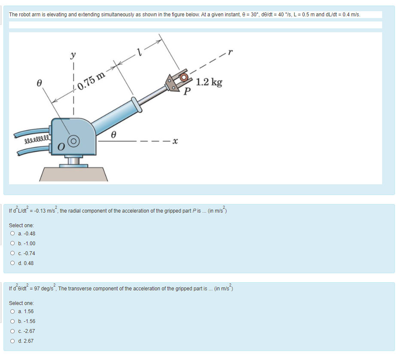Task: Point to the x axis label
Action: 175,141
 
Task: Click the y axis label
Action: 73,55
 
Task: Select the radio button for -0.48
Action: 12,234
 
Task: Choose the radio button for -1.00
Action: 12,244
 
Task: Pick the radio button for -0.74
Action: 12,253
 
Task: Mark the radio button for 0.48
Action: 12,263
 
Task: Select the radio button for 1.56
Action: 12,311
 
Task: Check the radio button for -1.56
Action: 12,321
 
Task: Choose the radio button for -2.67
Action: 12,331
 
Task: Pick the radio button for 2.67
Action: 12,341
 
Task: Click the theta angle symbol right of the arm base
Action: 113,134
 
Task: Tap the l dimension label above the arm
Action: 138,53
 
